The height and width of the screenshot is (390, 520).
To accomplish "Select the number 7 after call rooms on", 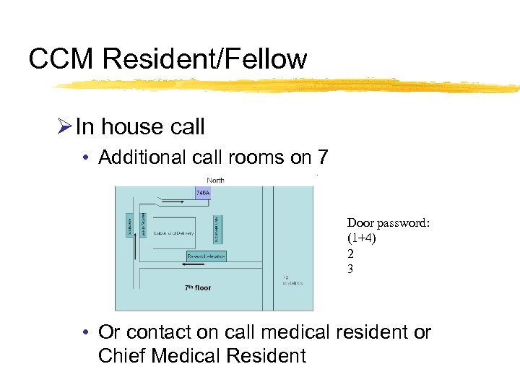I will pos(322,157).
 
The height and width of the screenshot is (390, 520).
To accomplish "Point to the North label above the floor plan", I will pos(215,181).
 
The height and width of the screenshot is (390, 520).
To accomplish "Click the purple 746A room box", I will pos(203,193).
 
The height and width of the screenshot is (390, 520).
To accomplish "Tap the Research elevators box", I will pos(207,256).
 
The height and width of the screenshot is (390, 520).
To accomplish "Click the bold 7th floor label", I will pos(197,288).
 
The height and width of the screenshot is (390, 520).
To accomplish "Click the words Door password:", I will pos(389,223).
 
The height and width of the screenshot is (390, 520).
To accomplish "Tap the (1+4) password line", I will pos(362,238).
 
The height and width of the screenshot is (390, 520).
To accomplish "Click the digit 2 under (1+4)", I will pos(350,253).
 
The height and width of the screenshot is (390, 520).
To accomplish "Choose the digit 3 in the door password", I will pos(350,269).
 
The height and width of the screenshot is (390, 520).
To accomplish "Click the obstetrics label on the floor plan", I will pos(293,284).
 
